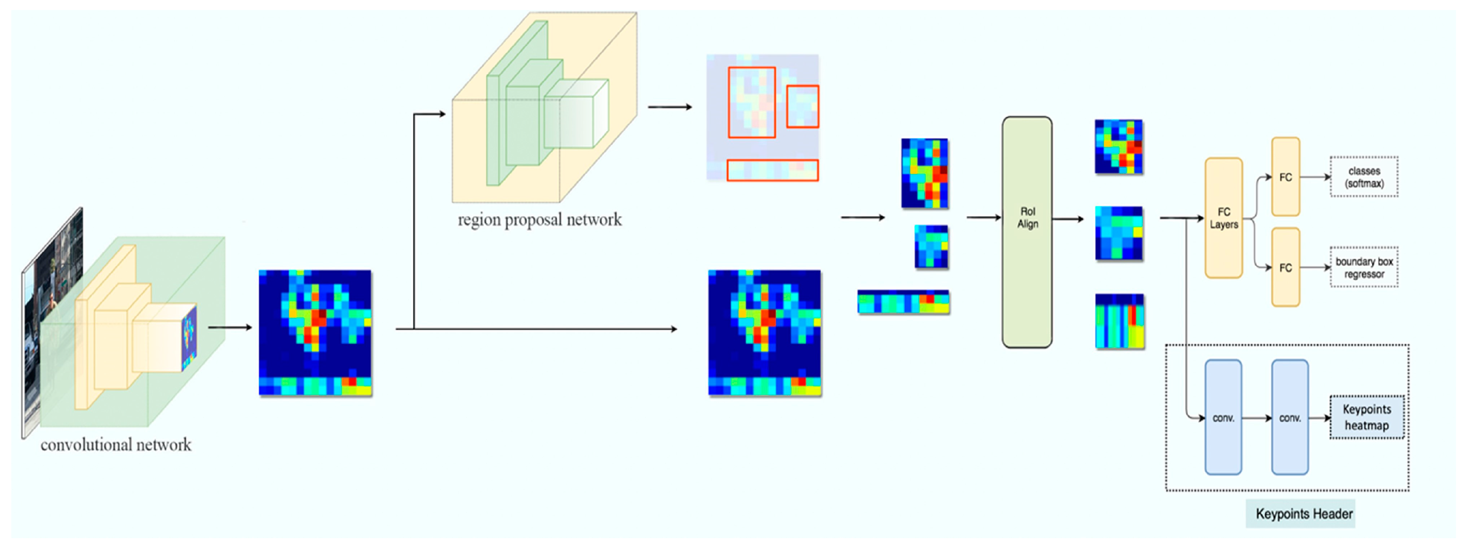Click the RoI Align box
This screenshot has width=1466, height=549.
tap(1027, 232)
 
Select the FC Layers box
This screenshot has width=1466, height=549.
tap(1223, 218)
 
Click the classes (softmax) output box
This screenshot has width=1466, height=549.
tap(1363, 177)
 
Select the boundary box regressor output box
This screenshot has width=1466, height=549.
tap(1363, 268)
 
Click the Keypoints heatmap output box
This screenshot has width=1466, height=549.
tap(1367, 417)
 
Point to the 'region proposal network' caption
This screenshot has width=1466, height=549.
tap(539, 220)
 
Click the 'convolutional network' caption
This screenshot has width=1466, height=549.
tap(116, 444)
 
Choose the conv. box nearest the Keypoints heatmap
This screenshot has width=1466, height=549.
tap(1290, 417)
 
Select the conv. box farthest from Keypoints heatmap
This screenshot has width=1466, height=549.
tap(1223, 417)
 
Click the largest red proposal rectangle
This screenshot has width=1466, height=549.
tap(752, 103)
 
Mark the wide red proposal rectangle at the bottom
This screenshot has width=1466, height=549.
tap(772, 170)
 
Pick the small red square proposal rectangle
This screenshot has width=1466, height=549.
tap(802, 106)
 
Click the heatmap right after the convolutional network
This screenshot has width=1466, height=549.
tap(315, 332)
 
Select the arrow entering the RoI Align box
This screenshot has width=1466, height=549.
tap(983, 217)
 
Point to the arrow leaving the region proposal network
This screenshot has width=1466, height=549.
tap(669, 107)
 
